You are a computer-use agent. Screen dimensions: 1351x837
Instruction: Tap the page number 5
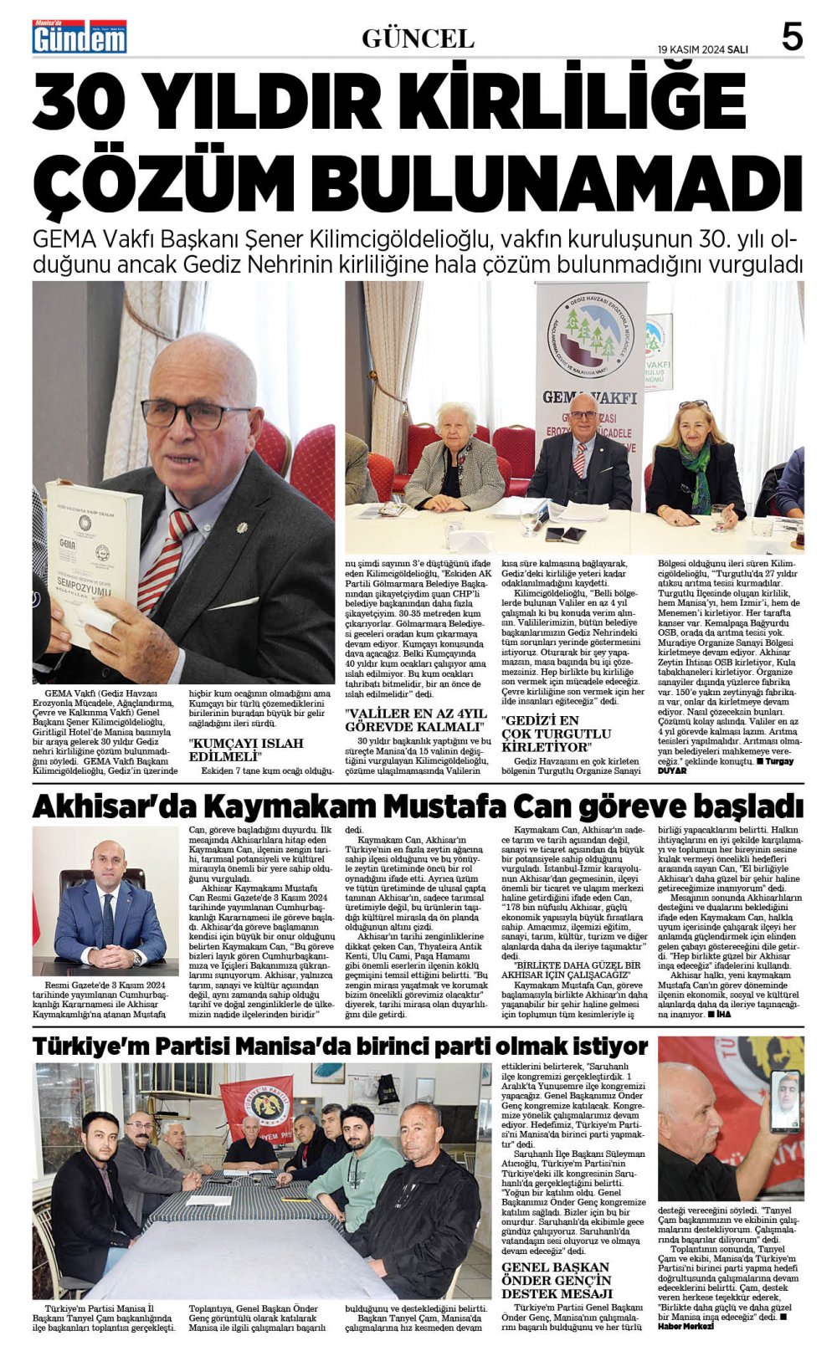click(x=791, y=38)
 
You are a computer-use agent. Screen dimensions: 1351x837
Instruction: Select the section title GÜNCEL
click(x=418, y=38)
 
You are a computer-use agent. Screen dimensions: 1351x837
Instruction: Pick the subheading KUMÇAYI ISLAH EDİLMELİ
click(x=245, y=750)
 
